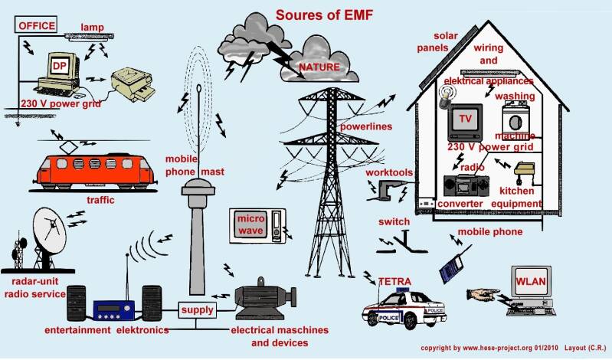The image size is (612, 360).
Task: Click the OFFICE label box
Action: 37,25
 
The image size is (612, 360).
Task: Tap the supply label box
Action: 197,310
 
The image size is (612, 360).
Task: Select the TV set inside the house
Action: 464,118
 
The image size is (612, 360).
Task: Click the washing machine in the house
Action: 516,122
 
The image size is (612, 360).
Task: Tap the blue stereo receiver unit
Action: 113,309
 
